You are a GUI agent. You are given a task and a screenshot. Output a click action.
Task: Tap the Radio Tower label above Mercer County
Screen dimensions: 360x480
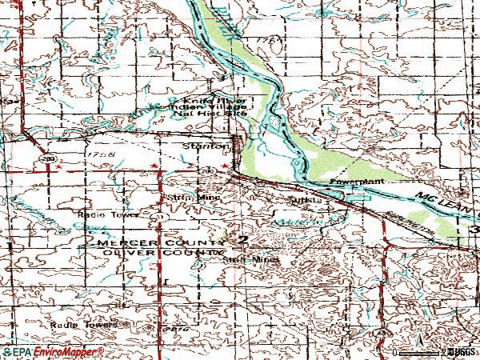pyautogui.click(x=100, y=215)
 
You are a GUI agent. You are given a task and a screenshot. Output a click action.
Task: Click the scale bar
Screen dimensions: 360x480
pyautogui.click(x=420, y=351)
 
